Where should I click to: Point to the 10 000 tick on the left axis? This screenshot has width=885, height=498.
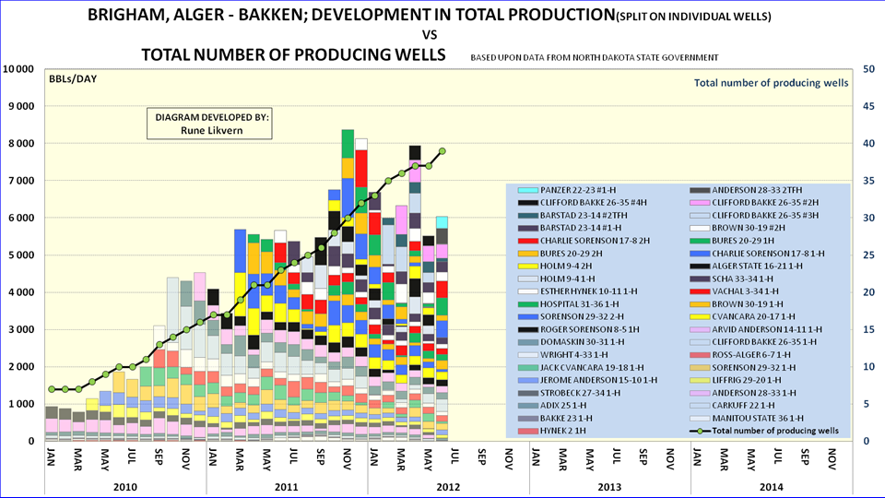19,69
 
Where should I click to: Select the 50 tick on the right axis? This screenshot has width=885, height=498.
868,69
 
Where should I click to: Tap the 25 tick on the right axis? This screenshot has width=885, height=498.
868,255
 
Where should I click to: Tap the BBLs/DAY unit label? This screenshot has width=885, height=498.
73,78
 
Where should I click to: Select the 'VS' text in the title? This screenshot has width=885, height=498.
442,36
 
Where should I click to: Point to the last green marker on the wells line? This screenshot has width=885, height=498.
442,150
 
